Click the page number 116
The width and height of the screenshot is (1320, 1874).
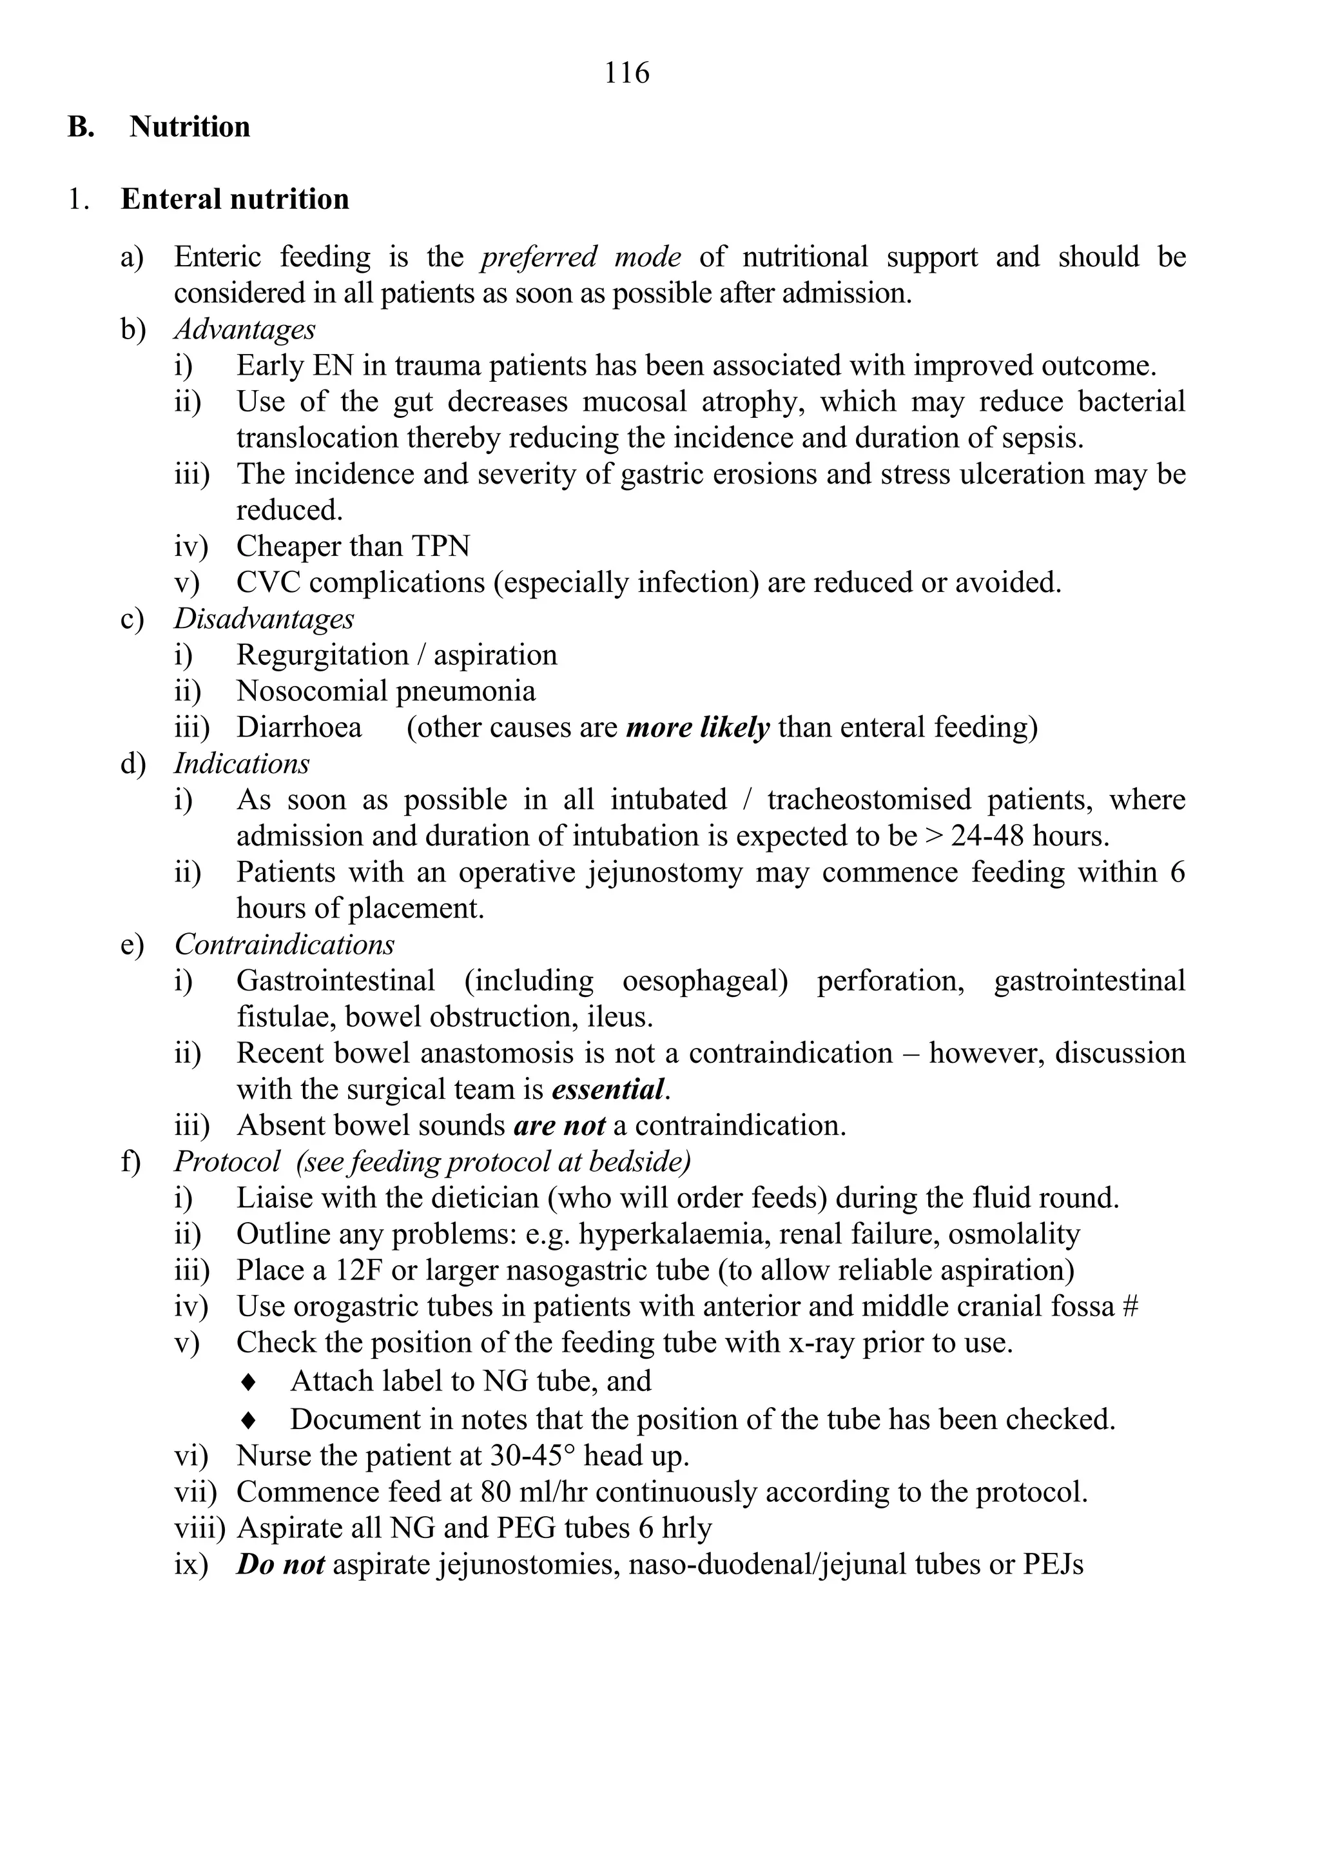click(x=626, y=74)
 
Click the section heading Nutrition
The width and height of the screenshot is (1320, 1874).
click(x=189, y=127)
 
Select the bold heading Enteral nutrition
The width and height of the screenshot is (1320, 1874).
click(x=235, y=199)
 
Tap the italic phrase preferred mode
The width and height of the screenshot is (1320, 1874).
click(x=580, y=257)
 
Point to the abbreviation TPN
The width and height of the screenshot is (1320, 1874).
click(x=441, y=546)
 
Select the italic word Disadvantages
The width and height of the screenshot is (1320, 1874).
click(x=264, y=618)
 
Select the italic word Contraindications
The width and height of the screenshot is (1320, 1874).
click(x=284, y=944)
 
